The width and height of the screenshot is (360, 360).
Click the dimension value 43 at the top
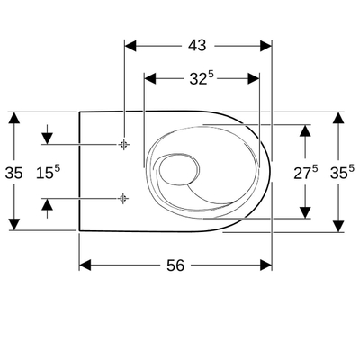pyautogui.click(x=197, y=43)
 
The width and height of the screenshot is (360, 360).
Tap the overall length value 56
pyautogui.click(x=175, y=265)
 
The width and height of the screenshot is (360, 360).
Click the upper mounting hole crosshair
pyautogui.click(x=123, y=144)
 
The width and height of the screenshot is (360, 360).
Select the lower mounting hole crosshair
pyautogui.click(x=123, y=197)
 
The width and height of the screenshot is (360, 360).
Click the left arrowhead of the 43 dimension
pyautogui.click(x=128, y=43)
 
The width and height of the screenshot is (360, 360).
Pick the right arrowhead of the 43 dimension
pyautogui.click(x=267, y=43)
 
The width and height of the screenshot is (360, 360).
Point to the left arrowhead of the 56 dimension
pyautogui.click(x=85, y=265)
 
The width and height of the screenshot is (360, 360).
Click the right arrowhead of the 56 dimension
pyautogui.click(x=267, y=265)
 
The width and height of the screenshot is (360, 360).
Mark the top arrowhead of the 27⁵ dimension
pyautogui.click(x=306, y=130)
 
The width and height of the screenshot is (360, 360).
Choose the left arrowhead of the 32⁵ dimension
pyautogui.click(x=149, y=78)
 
